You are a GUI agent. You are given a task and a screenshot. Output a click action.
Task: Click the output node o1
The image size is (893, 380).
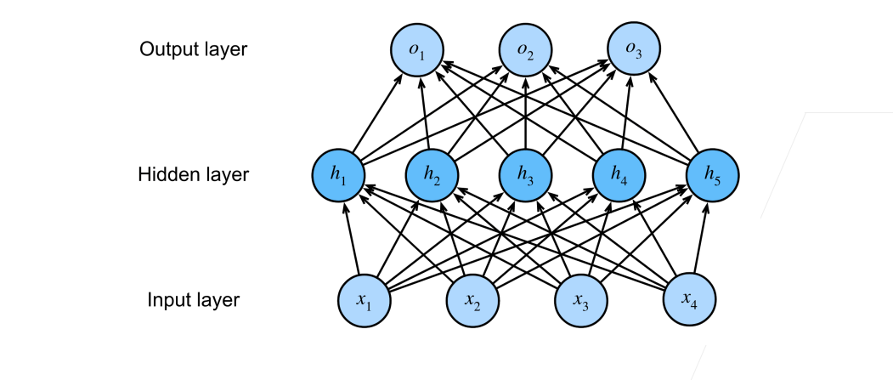point(417,49)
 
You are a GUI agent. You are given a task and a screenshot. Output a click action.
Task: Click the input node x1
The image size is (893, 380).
point(364,301)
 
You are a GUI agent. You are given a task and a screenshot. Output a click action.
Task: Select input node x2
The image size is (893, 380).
point(472,301)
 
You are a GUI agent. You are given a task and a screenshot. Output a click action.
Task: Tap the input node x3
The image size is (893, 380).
point(581,301)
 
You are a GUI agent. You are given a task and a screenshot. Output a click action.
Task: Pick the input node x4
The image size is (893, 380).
point(690,301)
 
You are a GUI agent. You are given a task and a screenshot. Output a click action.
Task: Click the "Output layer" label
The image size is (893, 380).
point(194,49)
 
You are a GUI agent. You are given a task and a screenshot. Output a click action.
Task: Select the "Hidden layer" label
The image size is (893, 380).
point(194,175)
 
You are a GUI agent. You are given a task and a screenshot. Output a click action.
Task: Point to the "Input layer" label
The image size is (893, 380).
point(194,300)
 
